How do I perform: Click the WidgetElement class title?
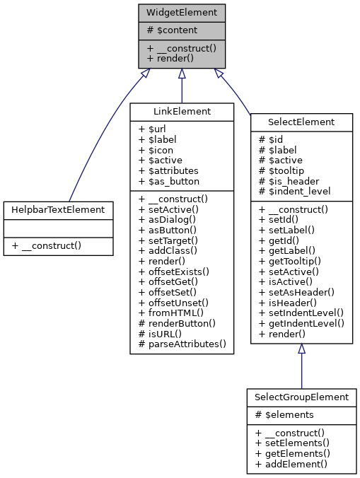pos(182,13)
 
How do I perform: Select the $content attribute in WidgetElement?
pos(172,30)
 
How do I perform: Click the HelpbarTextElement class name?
pos(58,209)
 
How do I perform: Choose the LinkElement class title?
pos(182,112)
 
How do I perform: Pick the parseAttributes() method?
pos(182,344)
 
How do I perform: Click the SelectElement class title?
pos(301,122)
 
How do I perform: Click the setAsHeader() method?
pos(296,291)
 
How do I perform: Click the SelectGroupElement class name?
pos(301,397)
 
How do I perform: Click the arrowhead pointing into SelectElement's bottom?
pos(301,349)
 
